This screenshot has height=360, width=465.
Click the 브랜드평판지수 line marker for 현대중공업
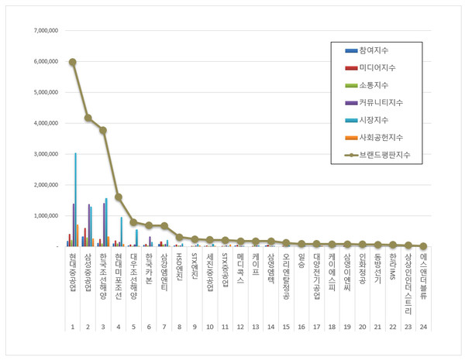(72, 62)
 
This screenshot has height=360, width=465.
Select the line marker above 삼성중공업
(88, 118)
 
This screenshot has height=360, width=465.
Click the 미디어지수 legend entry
(379, 67)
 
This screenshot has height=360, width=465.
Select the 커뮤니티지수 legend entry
(381, 102)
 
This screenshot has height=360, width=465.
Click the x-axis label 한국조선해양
(102, 274)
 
